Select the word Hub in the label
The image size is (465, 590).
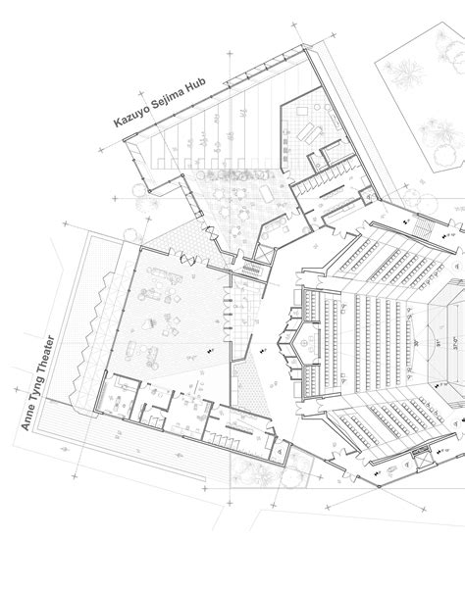(190, 88)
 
